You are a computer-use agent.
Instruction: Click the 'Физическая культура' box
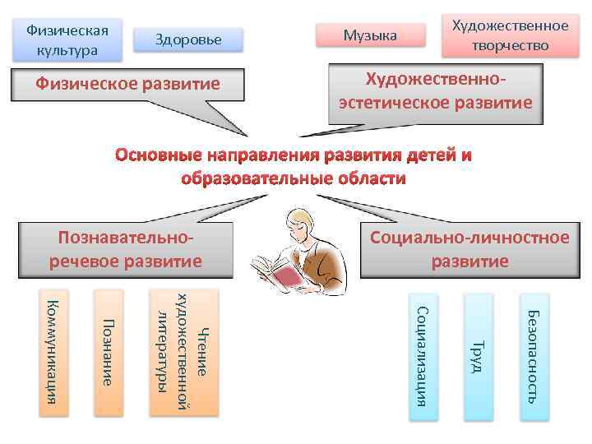pyautogui.click(x=67, y=39)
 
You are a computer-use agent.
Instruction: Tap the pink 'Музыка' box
pyautogui.click(x=370, y=35)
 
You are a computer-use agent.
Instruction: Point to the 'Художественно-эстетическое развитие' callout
pyautogui.click(x=435, y=92)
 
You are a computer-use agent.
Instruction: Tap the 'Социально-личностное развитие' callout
pyautogui.click(x=469, y=249)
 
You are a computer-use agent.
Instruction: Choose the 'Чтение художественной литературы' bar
pyautogui.click(x=185, y=352)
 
